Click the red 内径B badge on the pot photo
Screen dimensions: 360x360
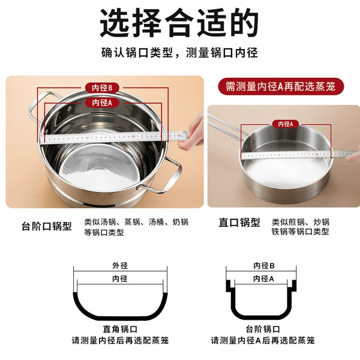pyautogui.click(x=102, y=88)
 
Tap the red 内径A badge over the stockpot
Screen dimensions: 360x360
pyautogui.click(x=102, y=103)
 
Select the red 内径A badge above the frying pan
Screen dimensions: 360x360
pyautogui.click(x=286, y=124)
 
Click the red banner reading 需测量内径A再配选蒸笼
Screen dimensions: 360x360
pyautogui.click(x=281, y=86)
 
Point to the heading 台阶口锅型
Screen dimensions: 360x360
pyautogui.click(x=47, y=226)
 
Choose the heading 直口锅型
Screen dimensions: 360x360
pyautogui.click(x=239, y=222)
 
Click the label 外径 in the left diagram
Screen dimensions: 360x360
pyautogui.click(x=120, y=266)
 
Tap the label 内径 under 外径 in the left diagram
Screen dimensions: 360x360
pyautogui.click(x=120, y=279)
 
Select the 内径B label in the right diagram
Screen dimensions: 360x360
pyautogui.click(x=264, y=266)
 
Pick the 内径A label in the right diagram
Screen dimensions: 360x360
pyautogui.click(x=263, y=279)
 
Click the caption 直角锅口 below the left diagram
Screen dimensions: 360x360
pyautogui.click(x=120, y=329)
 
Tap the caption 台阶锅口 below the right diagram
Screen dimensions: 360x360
pyautogui.click(x=263, y=329)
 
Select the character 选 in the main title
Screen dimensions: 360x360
pyautogui.click(x=115, y=23)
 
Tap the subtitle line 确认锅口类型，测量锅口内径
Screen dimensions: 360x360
pyautogui.click(x=179, y=53)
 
